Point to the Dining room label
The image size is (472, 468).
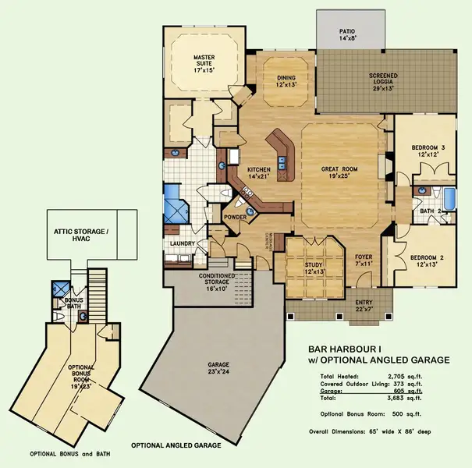pyautogui.click(x=275, y=80)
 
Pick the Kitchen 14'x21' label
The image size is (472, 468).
pyautogui.click(x=259, y=172)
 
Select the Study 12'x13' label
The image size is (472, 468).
pyautogui.click(x=313, y=269)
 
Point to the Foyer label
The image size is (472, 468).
pyautogui.click(x=364, y=260)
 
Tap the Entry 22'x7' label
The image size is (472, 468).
pyautogui.click(x=364, y=305)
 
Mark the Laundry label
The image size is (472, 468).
pyautogui.click(x=182, y=243)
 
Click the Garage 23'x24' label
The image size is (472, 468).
pyautogui.click(x=218, y=368)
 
